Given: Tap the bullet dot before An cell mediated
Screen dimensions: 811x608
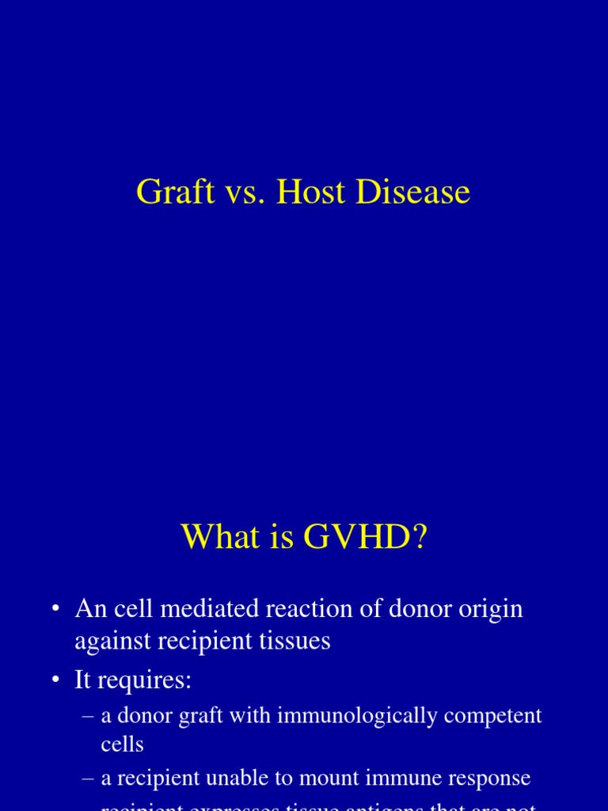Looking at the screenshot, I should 55,609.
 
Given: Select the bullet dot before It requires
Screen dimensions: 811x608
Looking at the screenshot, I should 55,680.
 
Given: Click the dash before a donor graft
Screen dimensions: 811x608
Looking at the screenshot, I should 89,716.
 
